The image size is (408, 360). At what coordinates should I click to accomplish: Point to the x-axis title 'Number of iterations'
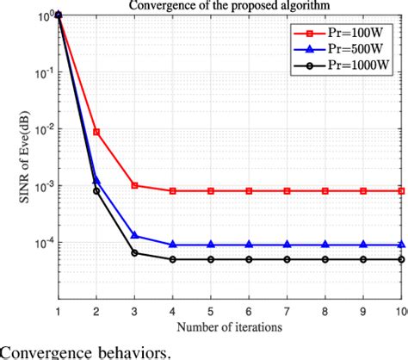tap(231, 326)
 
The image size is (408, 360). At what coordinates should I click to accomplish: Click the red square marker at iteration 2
tap(96, 132)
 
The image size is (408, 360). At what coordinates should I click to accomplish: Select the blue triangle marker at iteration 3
tap(134, 235)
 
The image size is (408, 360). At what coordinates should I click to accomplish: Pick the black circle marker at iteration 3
tap(134, 252)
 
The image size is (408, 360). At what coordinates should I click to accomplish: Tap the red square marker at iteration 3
tap(134, 185)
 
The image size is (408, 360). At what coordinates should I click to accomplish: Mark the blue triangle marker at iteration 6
tap(249, 245)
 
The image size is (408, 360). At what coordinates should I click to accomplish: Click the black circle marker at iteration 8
tap(325, 259)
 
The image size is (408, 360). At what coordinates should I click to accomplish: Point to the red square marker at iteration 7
tap(287, 190)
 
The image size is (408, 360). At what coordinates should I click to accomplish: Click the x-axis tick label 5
tap(211, 310)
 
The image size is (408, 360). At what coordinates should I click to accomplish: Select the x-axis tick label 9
tap(363, 310)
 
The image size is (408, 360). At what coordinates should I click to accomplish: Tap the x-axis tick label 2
tap(96, 310)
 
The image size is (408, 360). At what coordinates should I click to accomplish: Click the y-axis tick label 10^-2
tap(37, 129)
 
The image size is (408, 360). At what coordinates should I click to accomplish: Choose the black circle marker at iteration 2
tap(96, 190)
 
